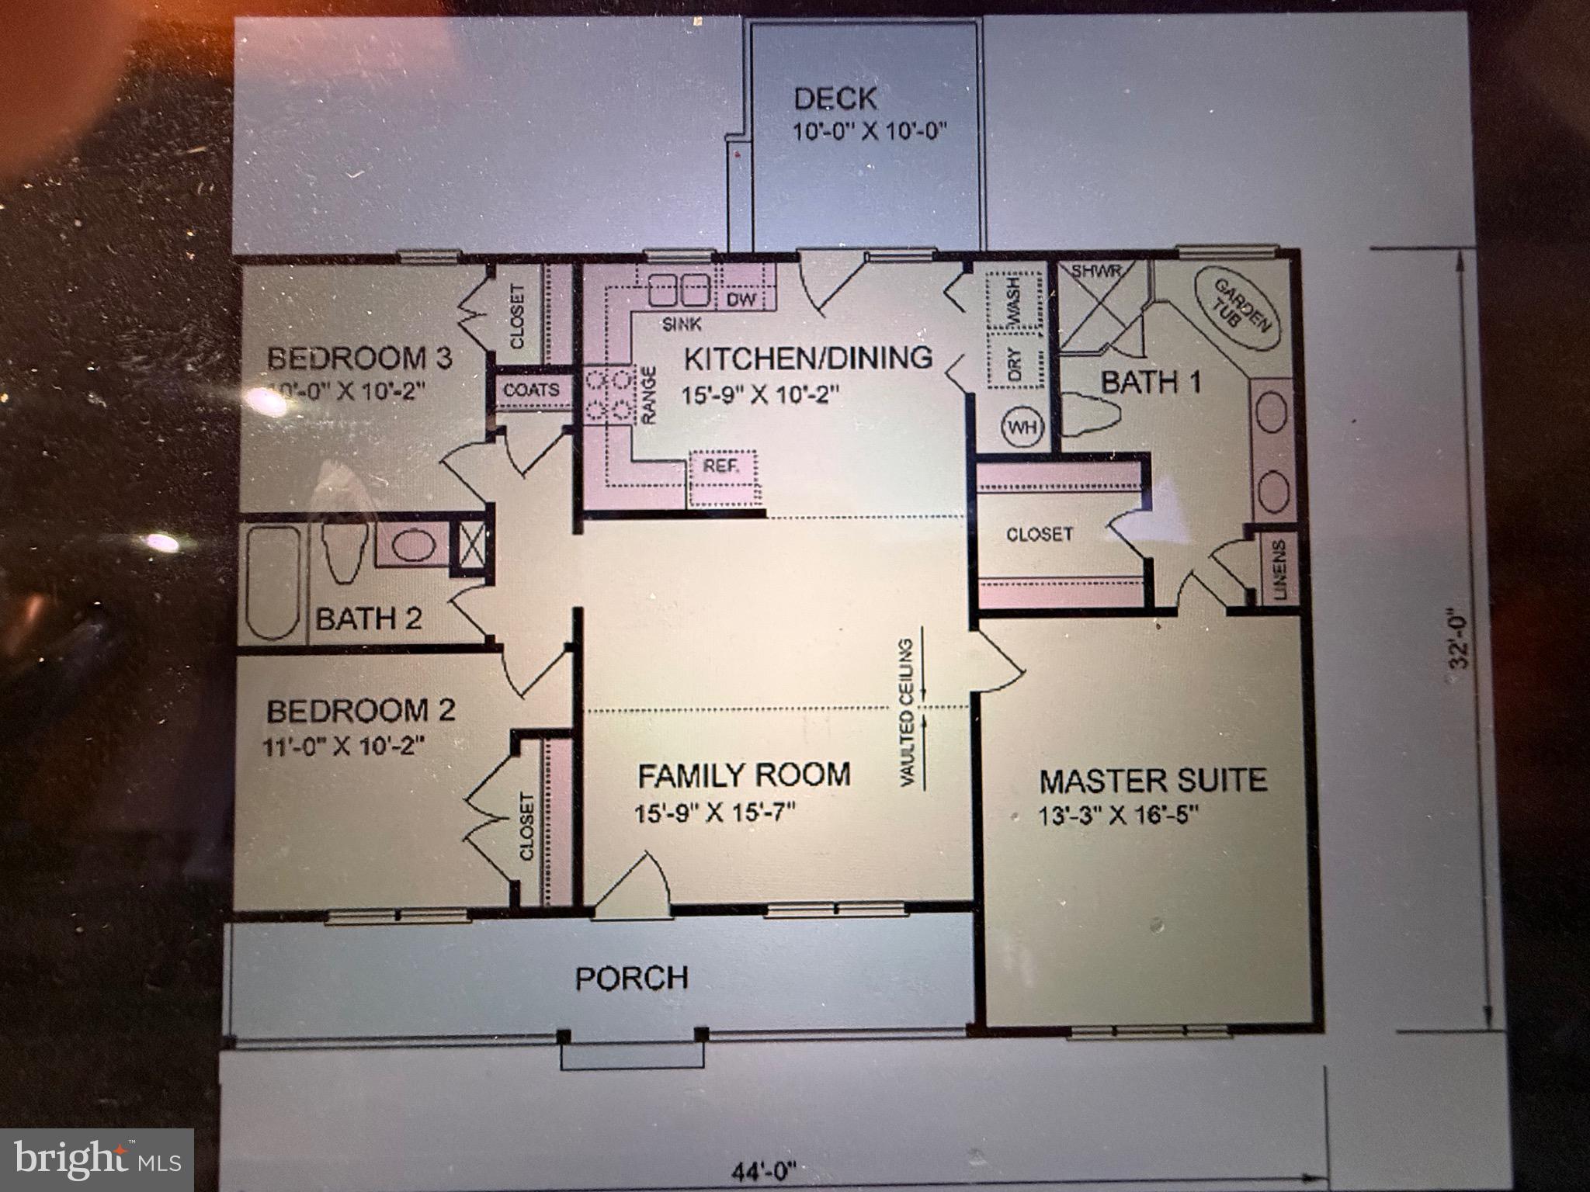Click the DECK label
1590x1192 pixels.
tap(835, 99)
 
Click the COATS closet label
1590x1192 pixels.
tap(531, 390)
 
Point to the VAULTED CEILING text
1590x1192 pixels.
tap(907, 712)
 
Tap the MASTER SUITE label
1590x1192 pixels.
tap(1153, 780)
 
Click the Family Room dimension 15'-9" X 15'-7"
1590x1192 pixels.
tap(715, 813)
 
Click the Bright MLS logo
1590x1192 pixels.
tap(97, 1161)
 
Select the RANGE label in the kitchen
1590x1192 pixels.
tap(649, 395)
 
